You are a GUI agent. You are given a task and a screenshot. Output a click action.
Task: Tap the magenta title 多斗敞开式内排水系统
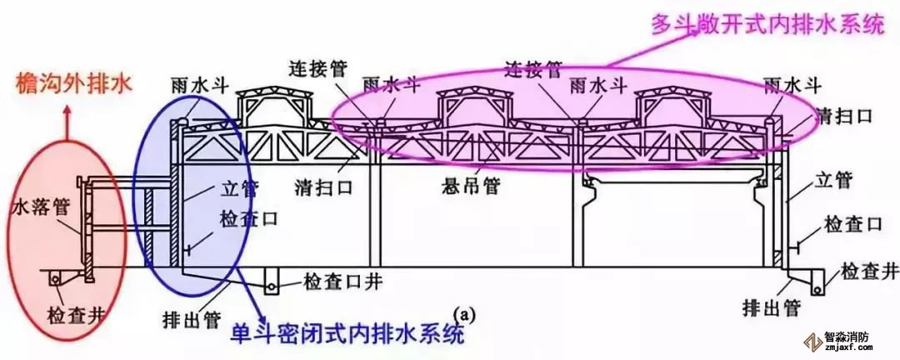(768, 23)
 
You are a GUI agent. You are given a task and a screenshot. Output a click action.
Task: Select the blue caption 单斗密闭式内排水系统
(347, 334)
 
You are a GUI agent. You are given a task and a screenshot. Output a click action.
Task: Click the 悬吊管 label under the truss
(472, 187)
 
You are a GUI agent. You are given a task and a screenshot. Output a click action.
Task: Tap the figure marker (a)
(464, 315)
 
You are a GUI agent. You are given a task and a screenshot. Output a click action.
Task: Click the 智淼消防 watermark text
(847, 337)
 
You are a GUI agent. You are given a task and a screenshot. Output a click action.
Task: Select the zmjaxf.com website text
(848, 348)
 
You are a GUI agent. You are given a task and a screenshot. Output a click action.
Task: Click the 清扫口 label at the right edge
(847, 116)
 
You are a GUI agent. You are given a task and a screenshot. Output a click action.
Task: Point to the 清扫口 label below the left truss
(323, 188)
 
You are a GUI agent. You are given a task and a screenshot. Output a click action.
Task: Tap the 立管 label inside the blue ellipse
(240, 189)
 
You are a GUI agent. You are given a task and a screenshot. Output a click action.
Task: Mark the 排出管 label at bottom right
(770, 308)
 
